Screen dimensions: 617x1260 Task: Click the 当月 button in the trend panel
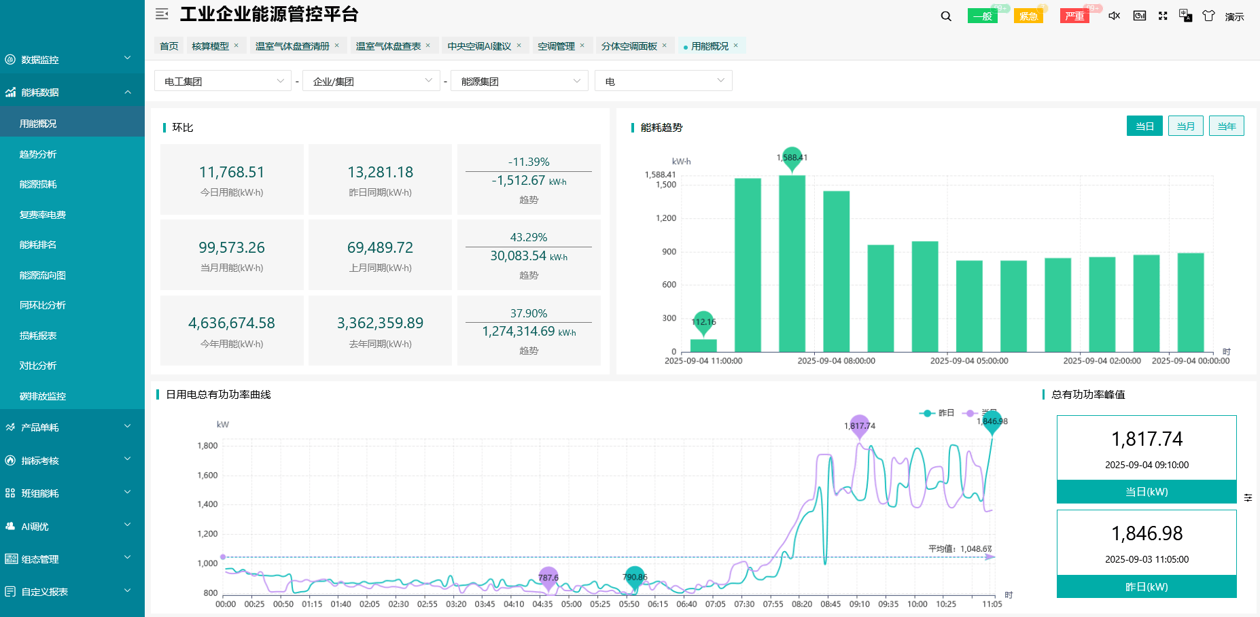[x=1185, y=126]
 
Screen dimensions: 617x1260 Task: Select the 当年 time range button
[x=1226, y=126]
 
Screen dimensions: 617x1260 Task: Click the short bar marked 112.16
[x=703, y=345]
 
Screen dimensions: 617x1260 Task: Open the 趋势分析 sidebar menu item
[x=38, y=154]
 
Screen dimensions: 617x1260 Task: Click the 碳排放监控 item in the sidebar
[x=42, y=396]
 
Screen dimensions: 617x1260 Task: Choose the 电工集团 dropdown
[x=223, y=82]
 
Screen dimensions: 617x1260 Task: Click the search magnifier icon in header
[x=946, y=16]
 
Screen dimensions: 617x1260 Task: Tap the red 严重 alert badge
[x=1074, y=16]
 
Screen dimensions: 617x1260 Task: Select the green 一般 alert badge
[x=982, y=16]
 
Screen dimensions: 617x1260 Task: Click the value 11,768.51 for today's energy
[x=232, y=173]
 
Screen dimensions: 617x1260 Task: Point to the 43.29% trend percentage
[x=528, y=237]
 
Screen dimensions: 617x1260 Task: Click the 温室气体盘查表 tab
[x=388, y=46]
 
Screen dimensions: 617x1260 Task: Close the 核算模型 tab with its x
[x=237, y=46]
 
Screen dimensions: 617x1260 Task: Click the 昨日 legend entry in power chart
[x=938, y=413]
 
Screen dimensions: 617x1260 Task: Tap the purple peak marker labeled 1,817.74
[x=860, y=425]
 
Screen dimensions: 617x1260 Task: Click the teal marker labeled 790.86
[x=634, y=577]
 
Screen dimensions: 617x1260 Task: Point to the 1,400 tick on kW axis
[x=207, y=504]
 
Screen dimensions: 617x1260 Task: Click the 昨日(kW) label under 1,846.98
[x=1147, y=586]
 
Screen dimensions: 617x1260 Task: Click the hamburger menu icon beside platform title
[x=162, y=14]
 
